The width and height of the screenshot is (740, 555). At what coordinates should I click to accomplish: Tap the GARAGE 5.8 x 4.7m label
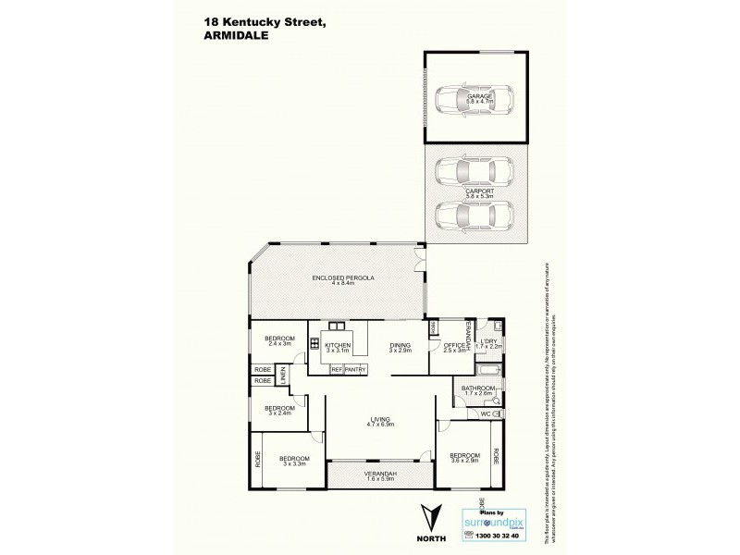(479, 97)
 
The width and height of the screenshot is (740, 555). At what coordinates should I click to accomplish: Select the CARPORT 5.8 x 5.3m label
(479, 194)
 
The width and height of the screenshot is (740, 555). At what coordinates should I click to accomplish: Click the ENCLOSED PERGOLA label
(337, 279)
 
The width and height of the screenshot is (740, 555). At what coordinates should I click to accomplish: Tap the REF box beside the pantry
(337, 370)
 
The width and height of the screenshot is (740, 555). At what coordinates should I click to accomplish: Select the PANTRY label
(356, 370)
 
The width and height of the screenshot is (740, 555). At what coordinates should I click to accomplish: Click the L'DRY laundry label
(488, 346)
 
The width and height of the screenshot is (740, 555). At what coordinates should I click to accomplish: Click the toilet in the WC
(497, 413)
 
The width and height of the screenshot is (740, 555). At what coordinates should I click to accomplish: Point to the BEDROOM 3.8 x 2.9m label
(464, 458)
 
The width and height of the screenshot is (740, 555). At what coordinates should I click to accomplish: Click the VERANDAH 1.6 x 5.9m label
(379, 476)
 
